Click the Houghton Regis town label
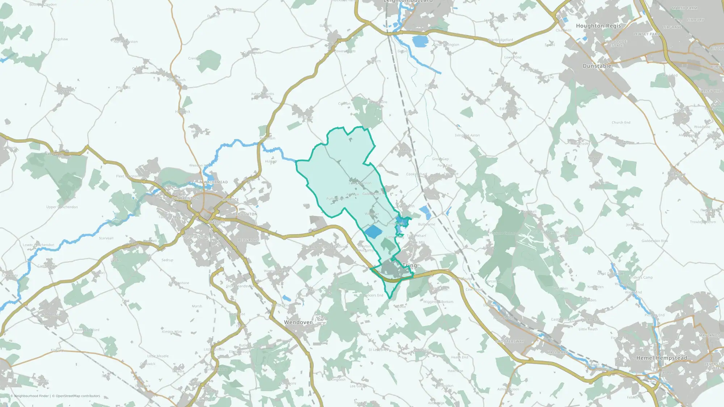click(x=598, y=26)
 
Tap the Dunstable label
click(x=597, y=66)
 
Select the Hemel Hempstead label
click(x=661, y=358)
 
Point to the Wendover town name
click(x=298, y=322)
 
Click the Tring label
click(x=409, y=265)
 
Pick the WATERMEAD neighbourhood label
click(x=216, y=182)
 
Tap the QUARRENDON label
click(x=185, y=198)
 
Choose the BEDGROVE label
click(x=248, y=240)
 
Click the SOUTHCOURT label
click(x=196, y=237)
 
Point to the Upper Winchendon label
click(x=62, y=207)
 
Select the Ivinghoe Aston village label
click(x=467, y=135)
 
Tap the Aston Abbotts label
click(x=262, y=94)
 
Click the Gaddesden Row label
click(x=654, y=241)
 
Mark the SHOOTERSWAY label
click(x=509, y=341)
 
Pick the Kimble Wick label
click(x=172, y=332)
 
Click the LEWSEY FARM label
click(x=647, y=34)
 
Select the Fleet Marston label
click(x=127, y=176)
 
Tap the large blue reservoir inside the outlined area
click(x=373, y=232)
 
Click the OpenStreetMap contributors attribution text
click(x=78, y=396)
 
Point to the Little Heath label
click(x=588, y=329)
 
